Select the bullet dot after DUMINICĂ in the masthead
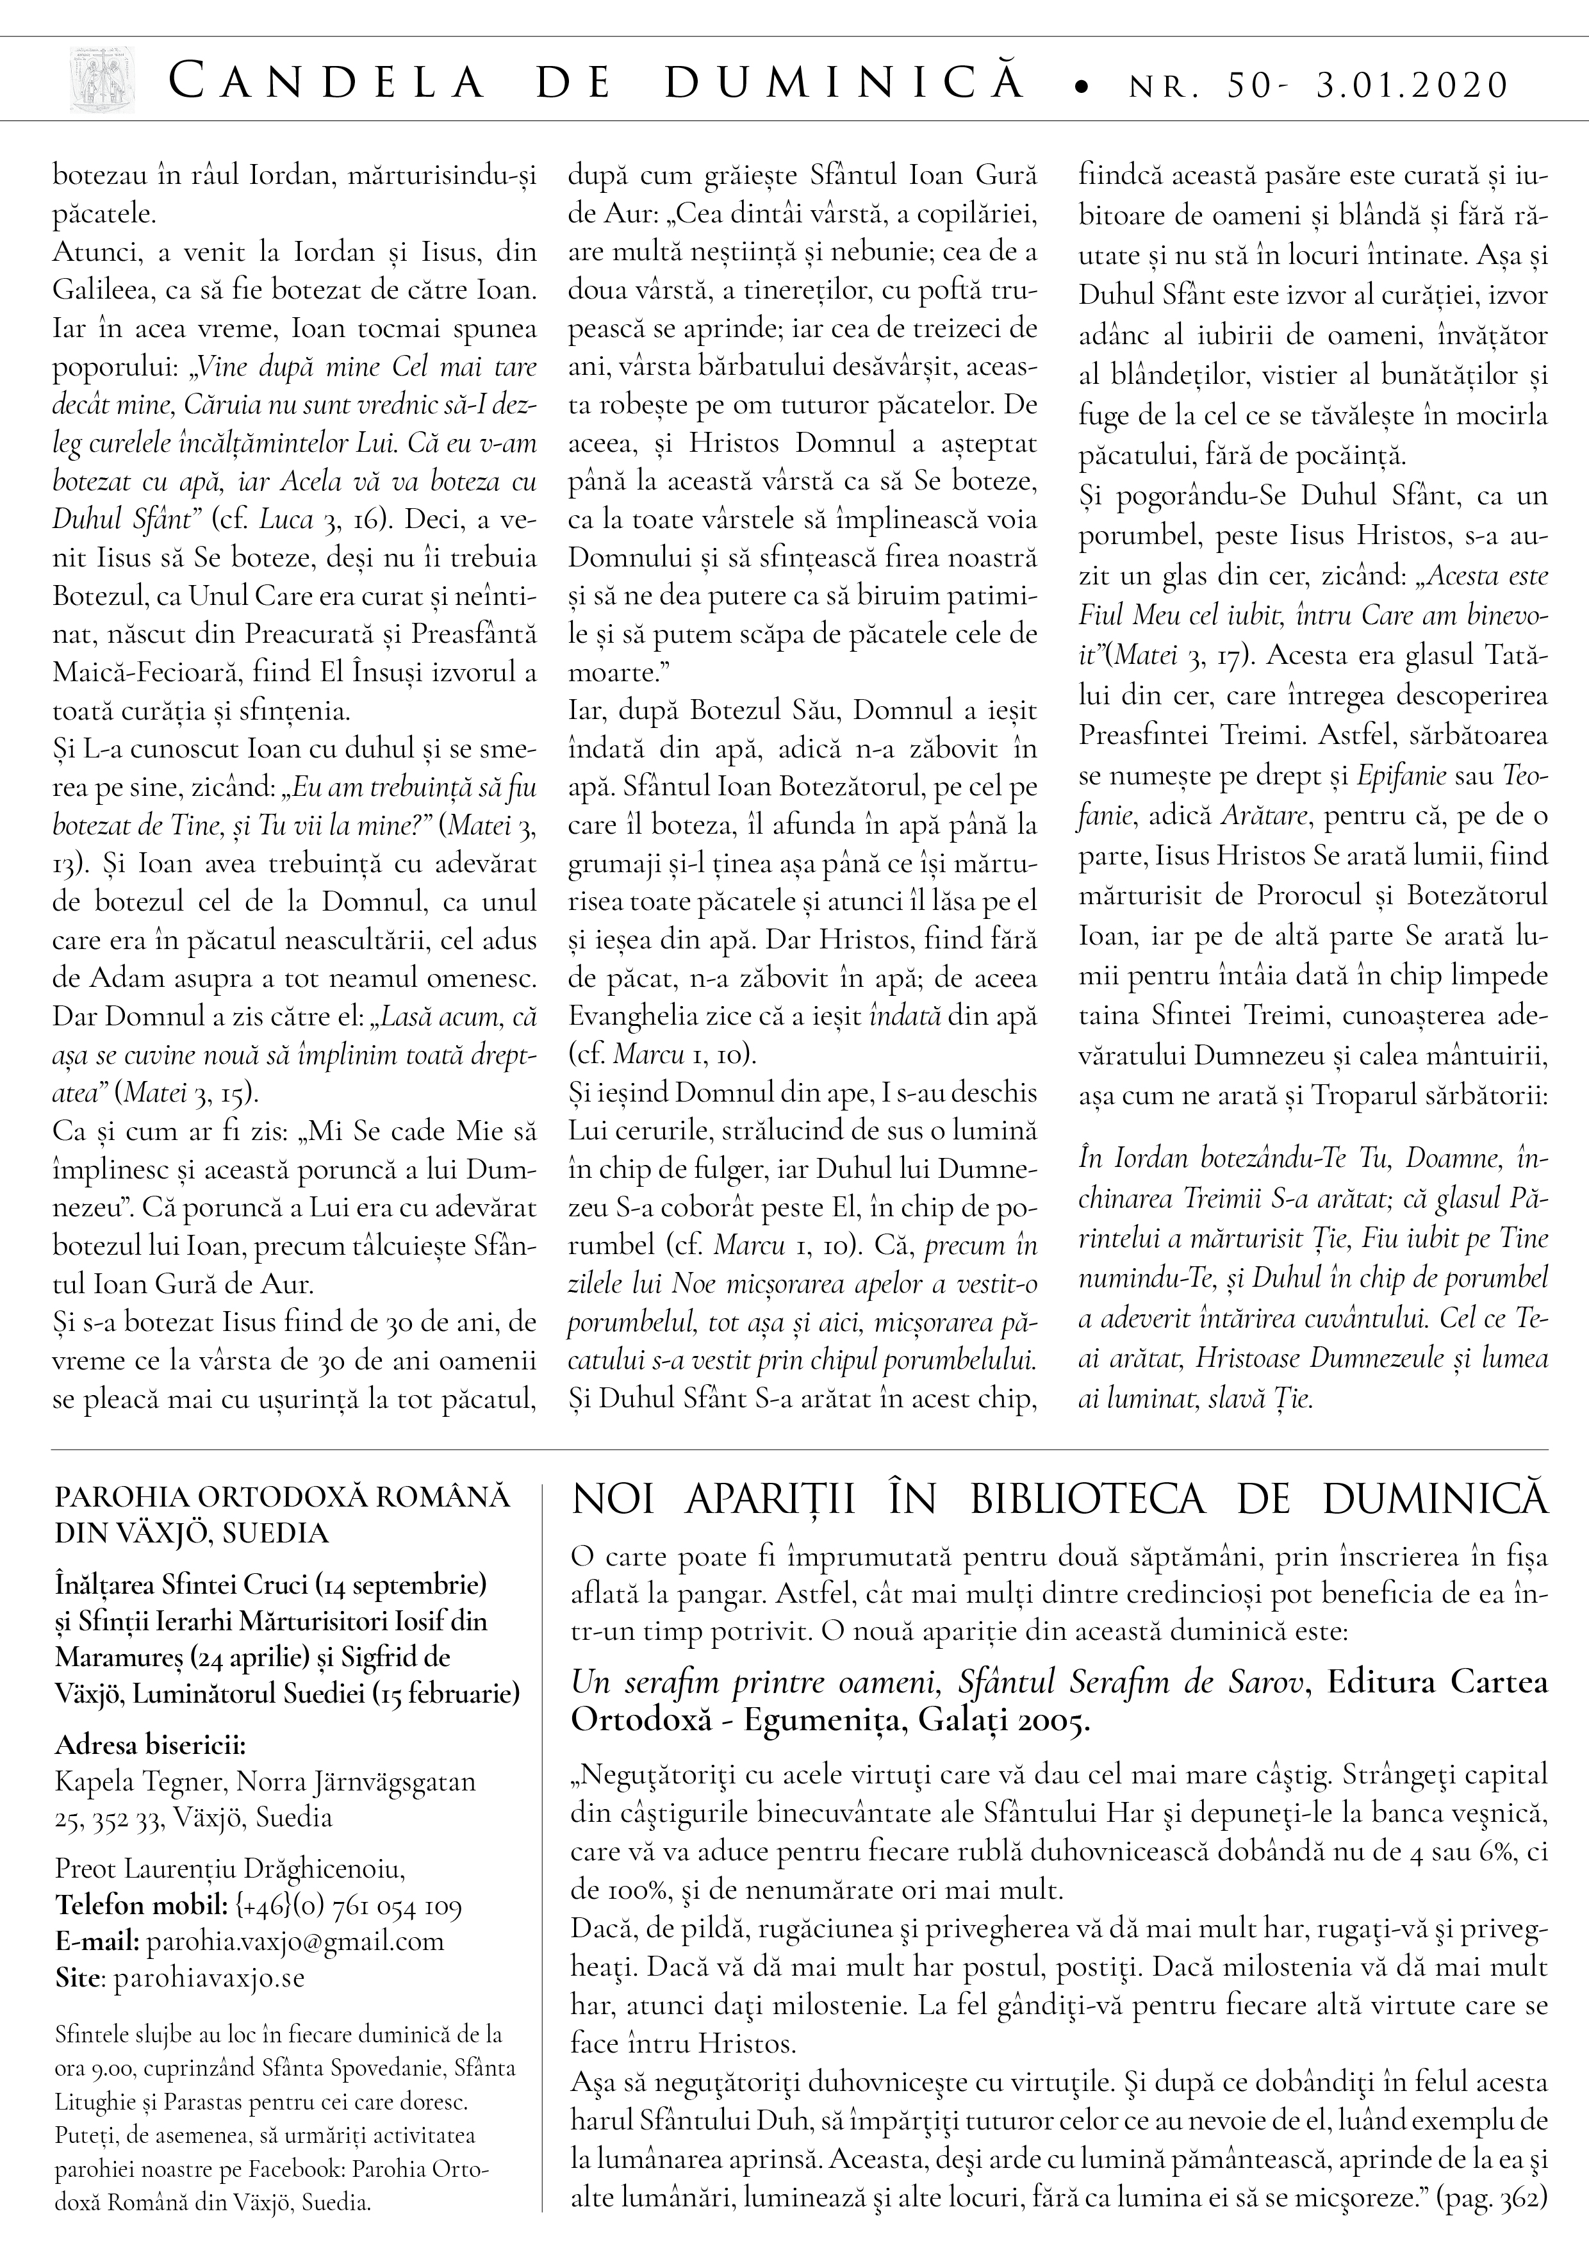1081,88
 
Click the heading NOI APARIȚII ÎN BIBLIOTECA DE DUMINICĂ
1059,1500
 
